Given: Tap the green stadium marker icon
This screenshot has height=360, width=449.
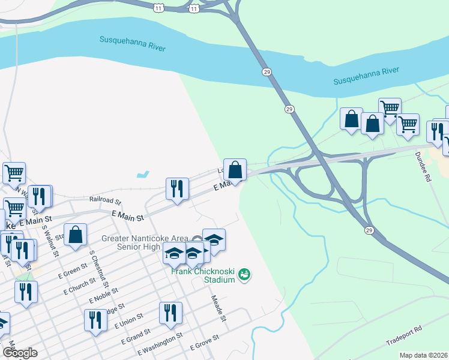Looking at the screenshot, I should [x=244, y=275].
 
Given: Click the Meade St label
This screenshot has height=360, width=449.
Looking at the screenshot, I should [x=218, y=308].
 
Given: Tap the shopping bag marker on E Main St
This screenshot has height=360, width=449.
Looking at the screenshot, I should [x=235, y=170].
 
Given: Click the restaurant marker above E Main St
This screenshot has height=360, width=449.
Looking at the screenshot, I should [x=176, y=190].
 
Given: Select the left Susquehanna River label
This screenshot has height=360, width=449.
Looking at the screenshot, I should [x=132, y=43].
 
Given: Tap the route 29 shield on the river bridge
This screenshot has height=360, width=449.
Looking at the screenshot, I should [x=266, y=71].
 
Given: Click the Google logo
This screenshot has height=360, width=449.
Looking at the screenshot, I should [x=20, y=353].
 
